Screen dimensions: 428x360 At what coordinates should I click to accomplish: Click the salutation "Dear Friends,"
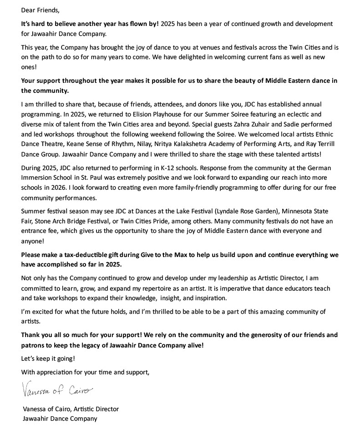point(40,10)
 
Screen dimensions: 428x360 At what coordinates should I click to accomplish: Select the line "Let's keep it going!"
point(48,358)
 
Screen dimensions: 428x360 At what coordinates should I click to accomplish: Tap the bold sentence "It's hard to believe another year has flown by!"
point(90,23)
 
